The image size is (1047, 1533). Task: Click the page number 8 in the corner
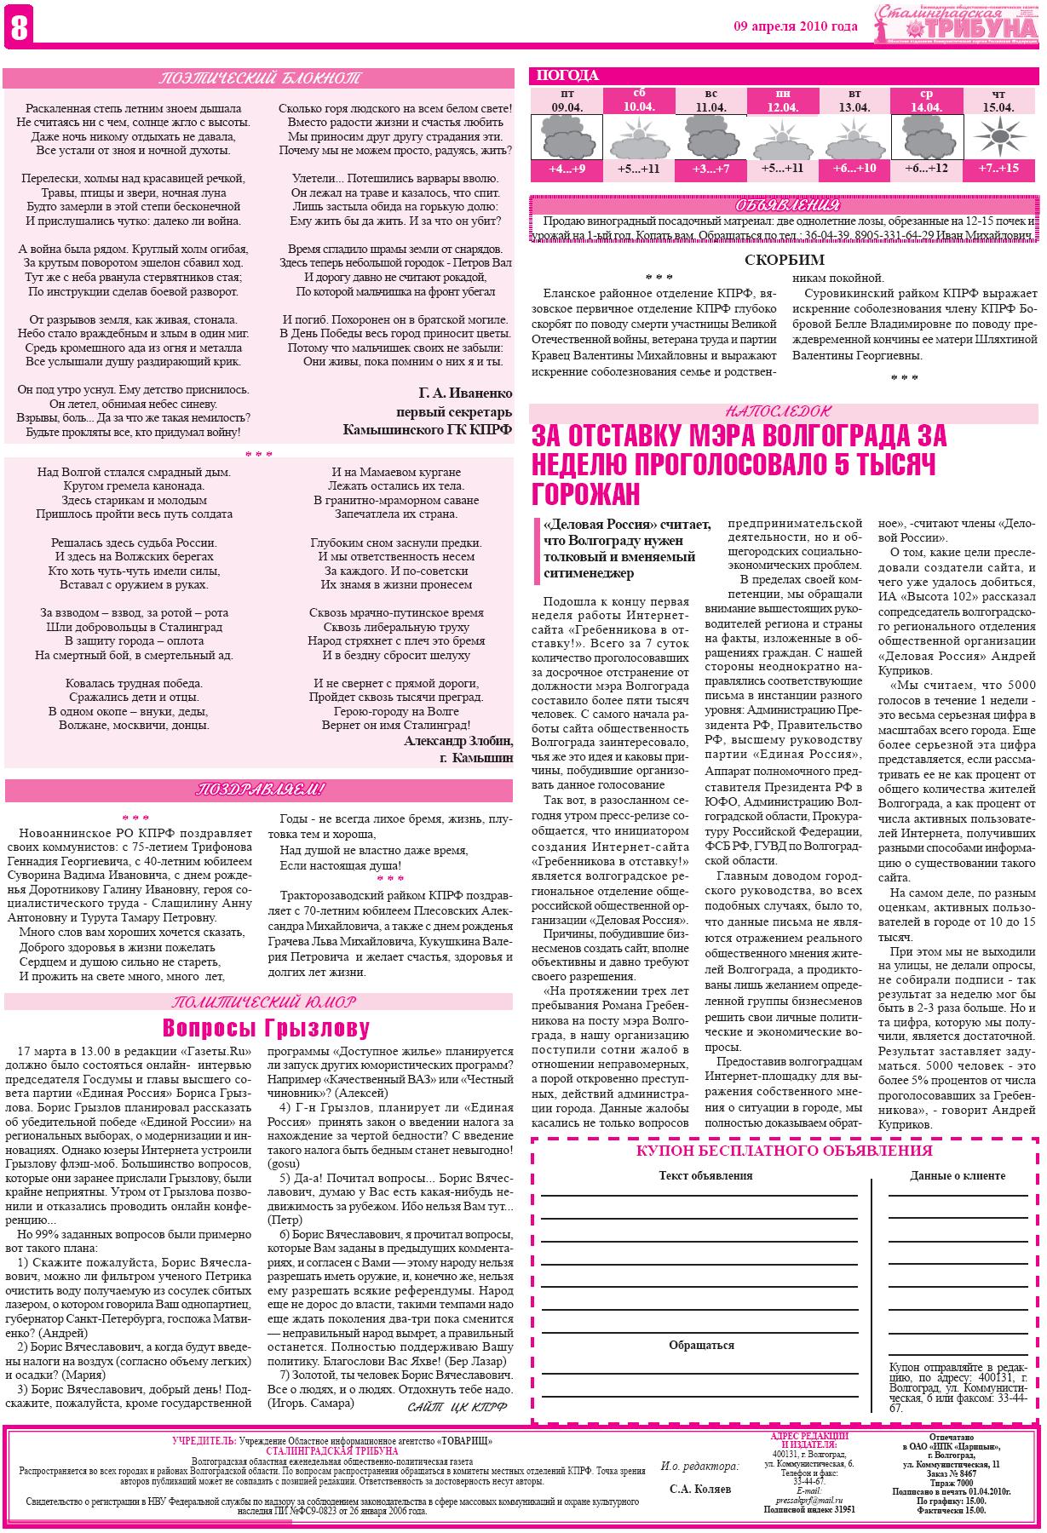point(17,27)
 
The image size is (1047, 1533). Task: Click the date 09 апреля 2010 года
point(796,26)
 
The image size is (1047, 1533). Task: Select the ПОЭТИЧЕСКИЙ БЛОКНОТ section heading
point(259,79)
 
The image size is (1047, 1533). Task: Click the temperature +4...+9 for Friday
point(566,169)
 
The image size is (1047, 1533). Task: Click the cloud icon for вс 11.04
point(710,136)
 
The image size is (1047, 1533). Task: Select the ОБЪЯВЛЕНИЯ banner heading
point(784,206)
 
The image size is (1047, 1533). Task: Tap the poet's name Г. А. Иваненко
point(465,393)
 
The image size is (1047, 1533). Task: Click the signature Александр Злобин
point(458,741)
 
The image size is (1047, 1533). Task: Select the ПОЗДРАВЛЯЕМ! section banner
point(259,790)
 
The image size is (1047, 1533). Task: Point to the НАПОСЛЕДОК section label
point(784,411)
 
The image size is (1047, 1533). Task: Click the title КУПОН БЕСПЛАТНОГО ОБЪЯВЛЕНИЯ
point(784,1151)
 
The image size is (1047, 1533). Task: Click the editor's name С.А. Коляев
point(699,1489)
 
